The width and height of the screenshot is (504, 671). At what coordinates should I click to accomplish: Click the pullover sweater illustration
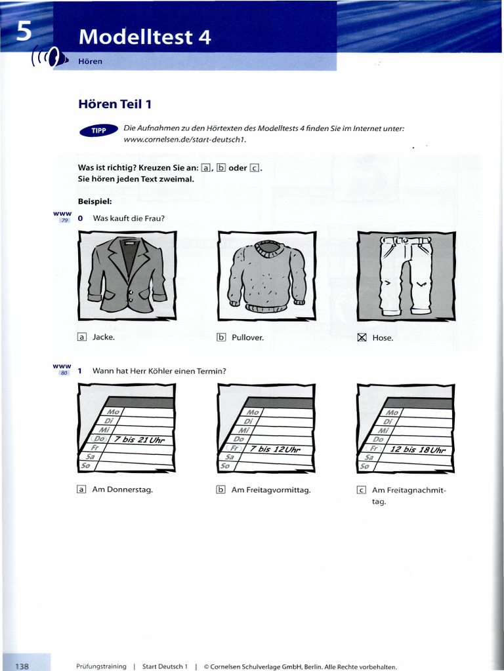pos(266,276)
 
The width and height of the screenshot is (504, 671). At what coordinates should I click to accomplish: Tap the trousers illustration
pos(406,276)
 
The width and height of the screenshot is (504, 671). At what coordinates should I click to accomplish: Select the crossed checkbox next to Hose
pos(361,337)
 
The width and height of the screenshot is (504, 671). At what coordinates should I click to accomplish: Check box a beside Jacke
pos(82,337)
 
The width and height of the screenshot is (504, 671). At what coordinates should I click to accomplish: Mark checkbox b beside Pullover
pos(221,337)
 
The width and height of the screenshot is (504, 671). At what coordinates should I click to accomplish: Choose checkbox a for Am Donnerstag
pos(82,489)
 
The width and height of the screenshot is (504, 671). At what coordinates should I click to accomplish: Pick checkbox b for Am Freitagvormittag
pos(221,489)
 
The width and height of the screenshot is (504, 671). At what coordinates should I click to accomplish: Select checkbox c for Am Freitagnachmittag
pos(361,489)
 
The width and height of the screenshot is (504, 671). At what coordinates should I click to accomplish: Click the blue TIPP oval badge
pos(98,131)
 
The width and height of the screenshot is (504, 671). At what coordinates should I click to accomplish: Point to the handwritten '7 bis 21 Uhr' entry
pos(139,439)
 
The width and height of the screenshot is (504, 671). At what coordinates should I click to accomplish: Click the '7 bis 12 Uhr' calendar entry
pos(274,450)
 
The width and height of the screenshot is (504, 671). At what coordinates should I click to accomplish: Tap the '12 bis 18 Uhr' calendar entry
pos(417,450)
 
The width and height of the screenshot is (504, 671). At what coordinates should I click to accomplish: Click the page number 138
pos(22,666)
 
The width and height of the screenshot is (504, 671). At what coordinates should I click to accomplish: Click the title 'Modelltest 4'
pos(144,37)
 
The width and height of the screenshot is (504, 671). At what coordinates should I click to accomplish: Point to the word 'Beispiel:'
pos(94,201)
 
